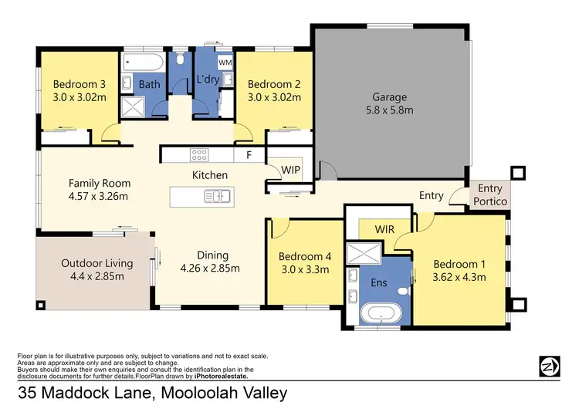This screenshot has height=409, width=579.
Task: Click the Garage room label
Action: click(389, 97)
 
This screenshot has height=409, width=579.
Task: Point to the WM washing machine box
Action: click(225, 61)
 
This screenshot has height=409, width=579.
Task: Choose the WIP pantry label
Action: click(291, 169)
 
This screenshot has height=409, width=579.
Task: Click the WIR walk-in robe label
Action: click(384, 229)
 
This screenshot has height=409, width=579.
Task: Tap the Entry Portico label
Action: click(490, 194)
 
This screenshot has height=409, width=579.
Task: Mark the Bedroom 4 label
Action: click(303, 257)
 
